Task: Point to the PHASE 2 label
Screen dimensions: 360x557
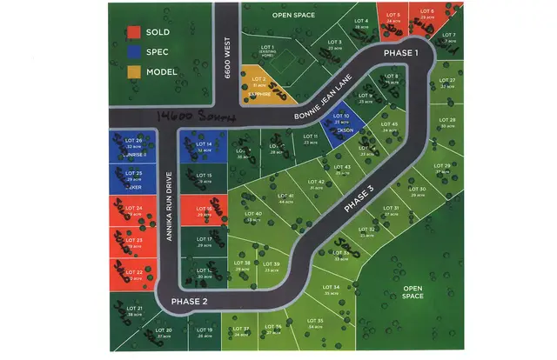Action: click(x=189, y=301)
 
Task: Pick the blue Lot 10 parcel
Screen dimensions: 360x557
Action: click(x=342, y=123)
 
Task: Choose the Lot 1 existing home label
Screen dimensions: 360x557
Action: click(x=266, y=50)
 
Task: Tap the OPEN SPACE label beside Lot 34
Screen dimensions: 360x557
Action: click(x=413, y=291)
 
